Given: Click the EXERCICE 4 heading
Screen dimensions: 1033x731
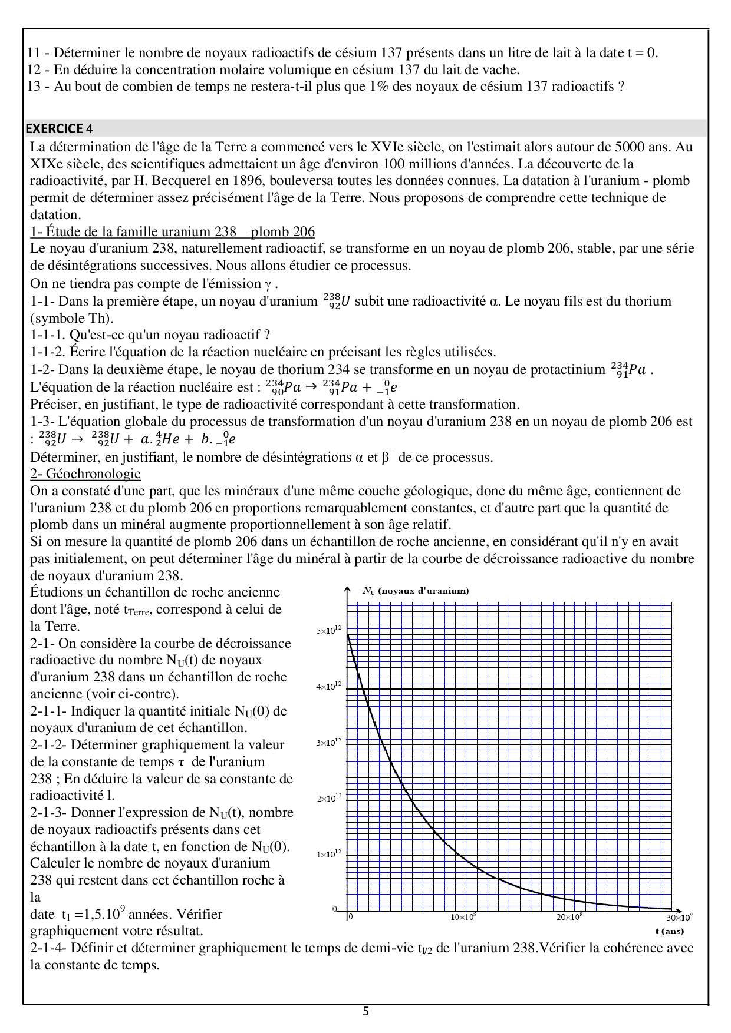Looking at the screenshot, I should [x=58, y=128].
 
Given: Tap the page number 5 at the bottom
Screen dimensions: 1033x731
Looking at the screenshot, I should [x=365, y=1012].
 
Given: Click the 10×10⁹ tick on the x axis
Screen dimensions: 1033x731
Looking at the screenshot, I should [x=464, y=917].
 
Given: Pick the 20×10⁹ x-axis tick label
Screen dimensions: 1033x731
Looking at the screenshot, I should [x=569, y=917].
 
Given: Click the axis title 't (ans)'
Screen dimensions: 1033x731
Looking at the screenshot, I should [x=669, y=931].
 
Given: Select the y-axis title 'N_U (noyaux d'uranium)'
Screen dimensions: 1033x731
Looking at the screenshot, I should [x=416, y=591].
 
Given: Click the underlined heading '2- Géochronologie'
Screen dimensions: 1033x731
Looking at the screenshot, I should [x=85, y=474].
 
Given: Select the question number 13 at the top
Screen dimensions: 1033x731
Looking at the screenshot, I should [x=34, y=87].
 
